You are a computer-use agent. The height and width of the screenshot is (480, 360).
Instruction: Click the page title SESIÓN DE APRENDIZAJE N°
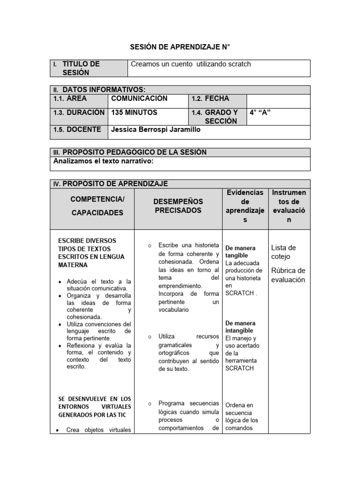[180, 48]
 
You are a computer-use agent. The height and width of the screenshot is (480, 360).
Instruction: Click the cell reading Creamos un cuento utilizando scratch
[191, 64]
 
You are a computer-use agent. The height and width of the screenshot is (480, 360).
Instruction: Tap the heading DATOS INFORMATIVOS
[104, 90]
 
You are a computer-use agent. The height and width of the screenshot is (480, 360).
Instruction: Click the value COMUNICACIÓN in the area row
[139, 99]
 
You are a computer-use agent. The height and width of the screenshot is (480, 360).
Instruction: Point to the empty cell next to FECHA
[278, 101]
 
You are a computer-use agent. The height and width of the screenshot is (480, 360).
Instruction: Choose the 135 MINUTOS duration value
[134, 112]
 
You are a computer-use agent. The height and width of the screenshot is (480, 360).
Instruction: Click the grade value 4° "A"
[261, 112]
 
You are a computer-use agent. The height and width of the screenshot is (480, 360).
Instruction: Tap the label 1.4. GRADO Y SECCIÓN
[215, 117]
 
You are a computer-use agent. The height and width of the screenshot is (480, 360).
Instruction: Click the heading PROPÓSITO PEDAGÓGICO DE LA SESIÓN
[134, 152]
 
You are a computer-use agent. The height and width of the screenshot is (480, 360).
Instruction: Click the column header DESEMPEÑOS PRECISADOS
[178, 206]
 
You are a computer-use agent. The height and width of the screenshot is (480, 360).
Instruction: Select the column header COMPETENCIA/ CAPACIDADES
[97, 206]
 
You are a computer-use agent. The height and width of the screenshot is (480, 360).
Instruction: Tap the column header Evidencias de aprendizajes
[245, 206]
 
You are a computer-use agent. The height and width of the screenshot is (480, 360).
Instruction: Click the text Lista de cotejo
[283, 252]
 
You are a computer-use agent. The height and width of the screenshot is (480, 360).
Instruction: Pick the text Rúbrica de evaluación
[288, 275]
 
